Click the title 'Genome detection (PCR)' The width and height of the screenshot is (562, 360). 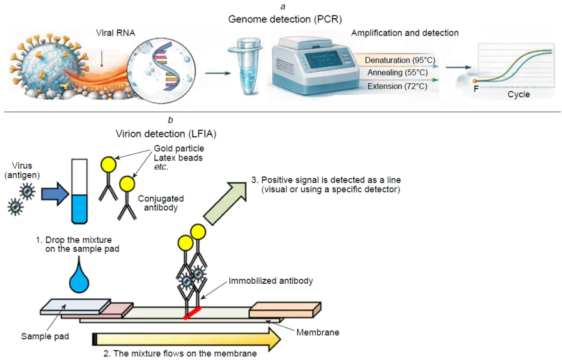pyautogui.click(x=280, y=19)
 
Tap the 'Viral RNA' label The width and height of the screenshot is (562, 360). pyautogui.click(x=116, y=32)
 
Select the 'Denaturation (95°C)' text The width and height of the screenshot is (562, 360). pyautogui.click(x=400, y=60)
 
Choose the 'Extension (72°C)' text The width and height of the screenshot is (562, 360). pyautogui.click(x=397, y=86)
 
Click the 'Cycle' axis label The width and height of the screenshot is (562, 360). pyautogui.click(x=518, y=94)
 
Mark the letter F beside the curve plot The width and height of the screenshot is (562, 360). pyautogui.click(x=476, y=89)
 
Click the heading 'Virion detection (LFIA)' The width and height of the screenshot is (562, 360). pyautogui.click(x=166, y=133)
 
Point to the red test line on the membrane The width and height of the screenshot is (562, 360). pyautogui.click(x=192, y=313)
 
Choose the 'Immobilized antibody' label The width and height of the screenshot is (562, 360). pyautogui.click(x=271, y=281)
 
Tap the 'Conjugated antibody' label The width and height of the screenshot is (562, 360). pyautogui.click(x=161, y=203)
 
